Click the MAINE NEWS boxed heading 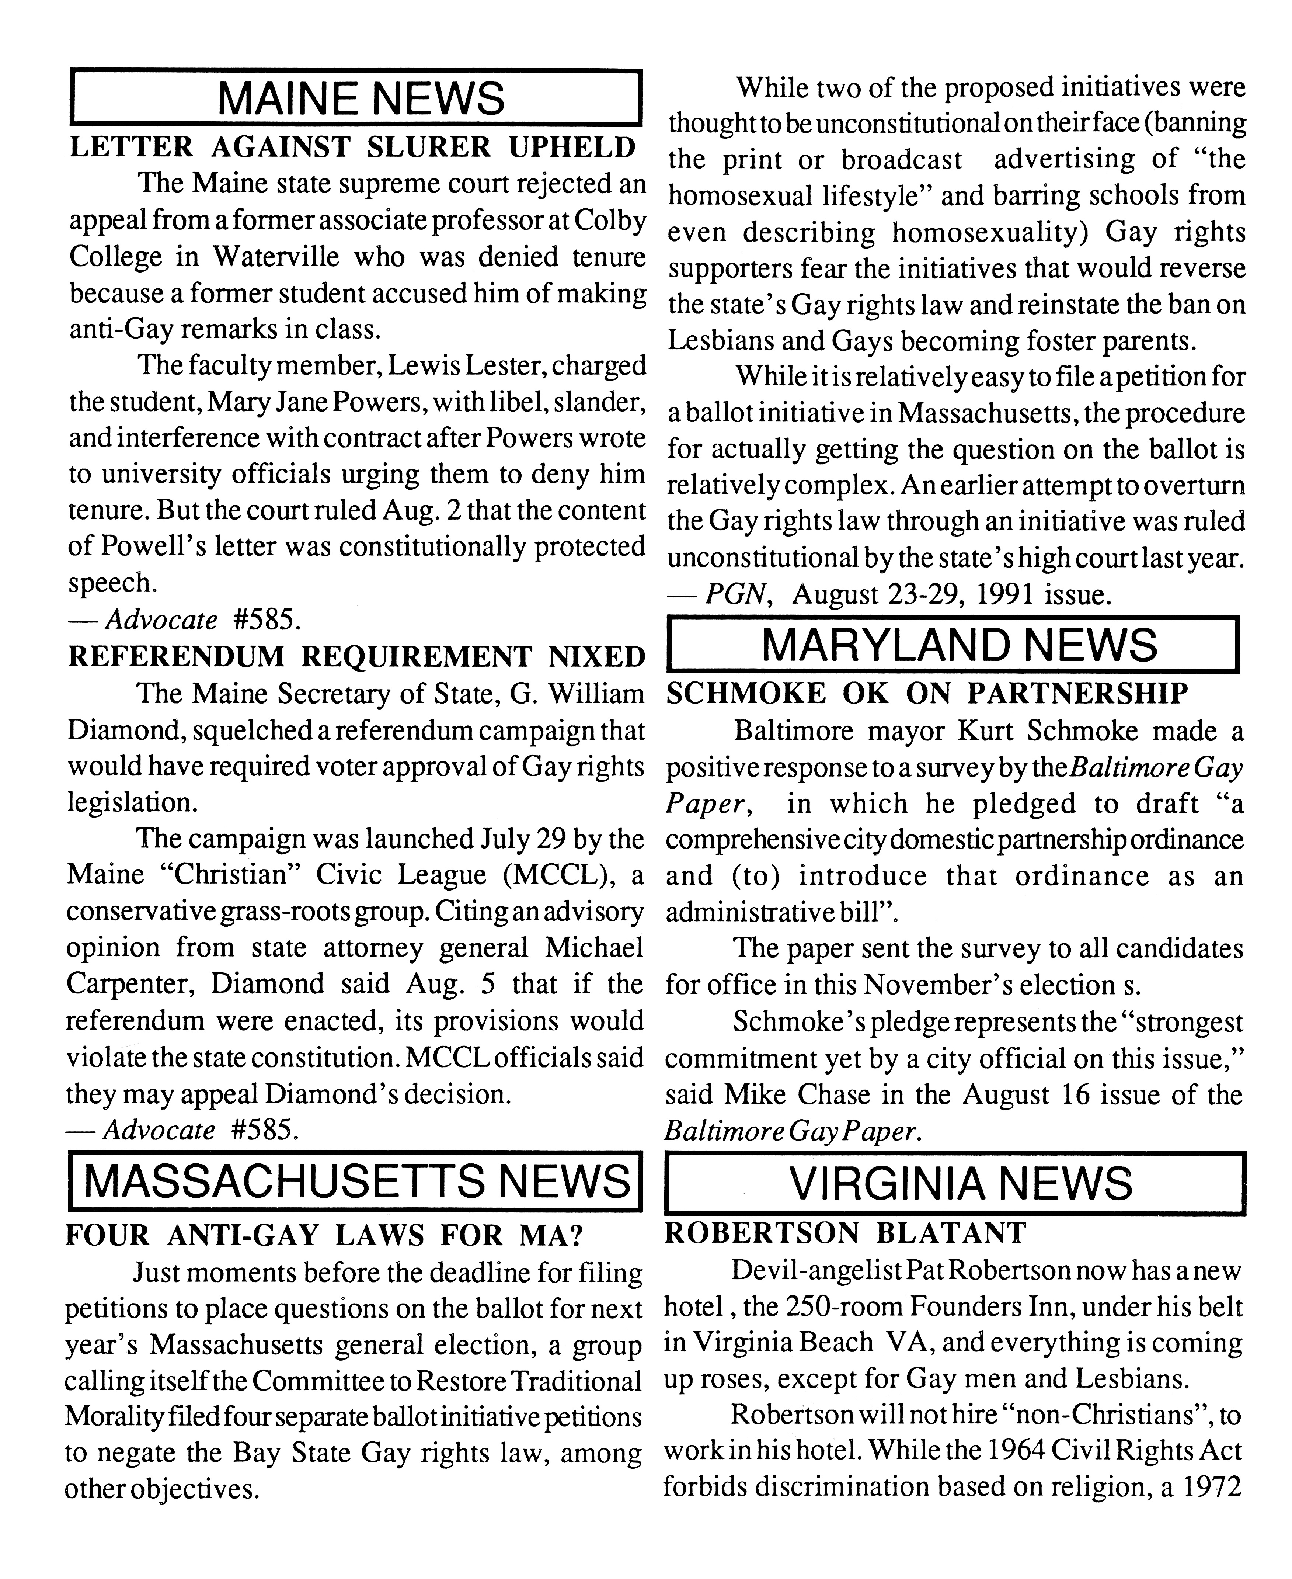[356, 97]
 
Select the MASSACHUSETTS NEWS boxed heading [356, 1181]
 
